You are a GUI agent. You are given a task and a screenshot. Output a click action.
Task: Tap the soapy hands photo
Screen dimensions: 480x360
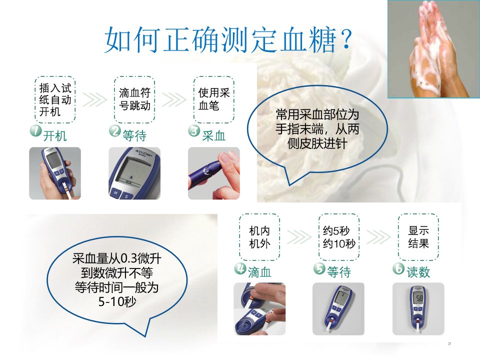tap(433, 49)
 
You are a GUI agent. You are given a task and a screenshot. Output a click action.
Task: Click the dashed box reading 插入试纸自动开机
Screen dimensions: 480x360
tap(55, 100)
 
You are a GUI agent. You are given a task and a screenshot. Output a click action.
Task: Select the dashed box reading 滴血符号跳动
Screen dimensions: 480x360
tap(134, 100)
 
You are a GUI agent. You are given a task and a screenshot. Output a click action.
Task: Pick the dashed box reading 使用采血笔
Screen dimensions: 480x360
tap(213, 100)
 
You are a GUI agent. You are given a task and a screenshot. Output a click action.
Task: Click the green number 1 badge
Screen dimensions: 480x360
tap(36, 130)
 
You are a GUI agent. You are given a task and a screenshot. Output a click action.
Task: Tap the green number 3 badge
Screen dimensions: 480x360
tap(194, 130)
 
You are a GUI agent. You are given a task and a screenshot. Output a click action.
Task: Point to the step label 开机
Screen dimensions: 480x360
tap(55, 136)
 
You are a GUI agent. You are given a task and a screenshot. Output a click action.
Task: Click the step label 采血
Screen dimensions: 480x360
tap(213, 136)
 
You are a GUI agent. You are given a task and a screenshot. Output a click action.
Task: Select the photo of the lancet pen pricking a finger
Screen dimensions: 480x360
tap(213, 173)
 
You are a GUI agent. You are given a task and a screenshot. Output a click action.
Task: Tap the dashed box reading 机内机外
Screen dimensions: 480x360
tap(259, 237)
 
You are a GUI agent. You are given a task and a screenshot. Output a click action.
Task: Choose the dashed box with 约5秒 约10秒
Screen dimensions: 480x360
tap(339, 237)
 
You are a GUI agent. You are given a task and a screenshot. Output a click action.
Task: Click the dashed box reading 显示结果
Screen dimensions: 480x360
tap(418, 237)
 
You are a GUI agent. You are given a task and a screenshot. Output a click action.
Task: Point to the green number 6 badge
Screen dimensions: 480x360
tap(398, 268)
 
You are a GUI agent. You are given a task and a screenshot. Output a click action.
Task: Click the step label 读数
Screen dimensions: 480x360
tap(418, 272)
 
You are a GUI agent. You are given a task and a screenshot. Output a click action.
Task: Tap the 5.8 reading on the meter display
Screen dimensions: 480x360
tap(419, 298)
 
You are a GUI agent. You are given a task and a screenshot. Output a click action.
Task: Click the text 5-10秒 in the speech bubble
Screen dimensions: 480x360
tap(117, 302)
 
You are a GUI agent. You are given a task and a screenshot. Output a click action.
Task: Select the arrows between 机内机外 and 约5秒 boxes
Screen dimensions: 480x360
tap(299, 237)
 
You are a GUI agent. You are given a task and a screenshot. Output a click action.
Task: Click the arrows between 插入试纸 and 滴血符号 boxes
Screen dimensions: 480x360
tap(95, 99)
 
